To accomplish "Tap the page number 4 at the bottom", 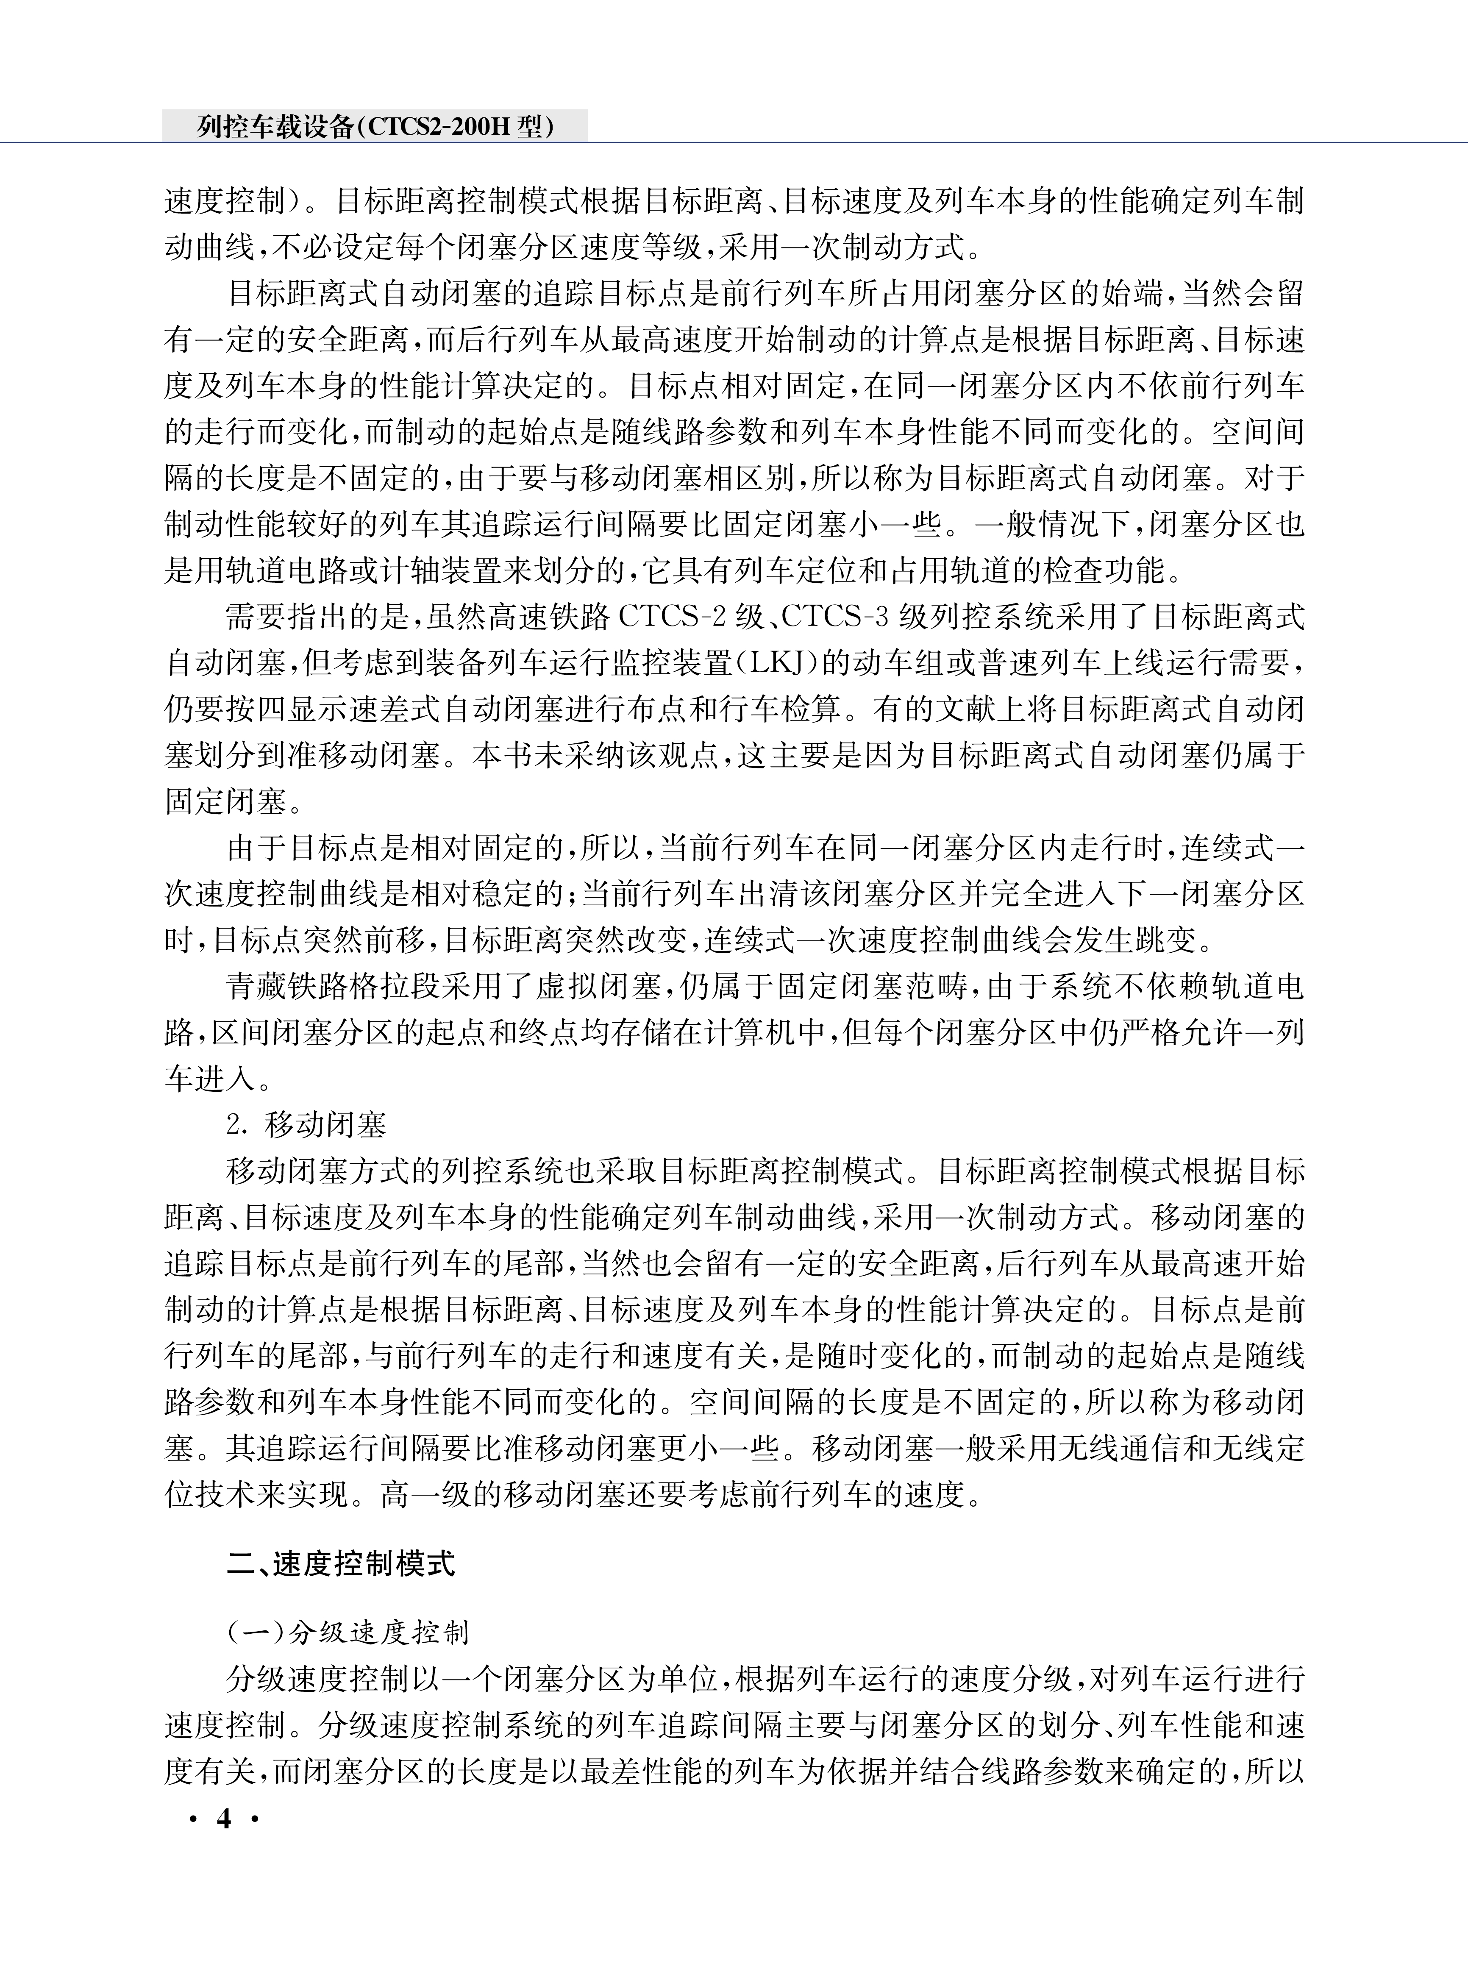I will coord(224,1819).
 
